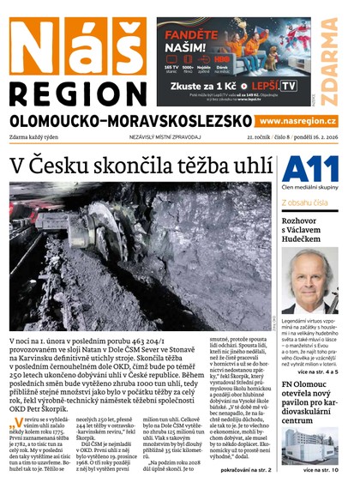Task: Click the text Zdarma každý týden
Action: (39, 137)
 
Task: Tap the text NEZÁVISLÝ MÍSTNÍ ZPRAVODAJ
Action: (166, 137)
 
